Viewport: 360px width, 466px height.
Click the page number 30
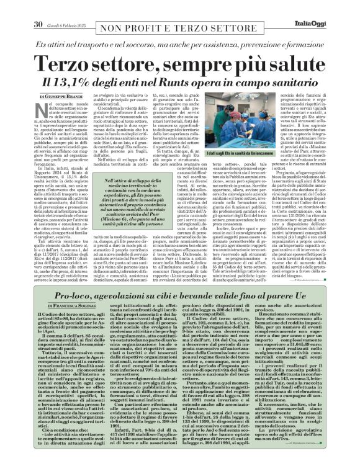(x=37, y=7)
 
